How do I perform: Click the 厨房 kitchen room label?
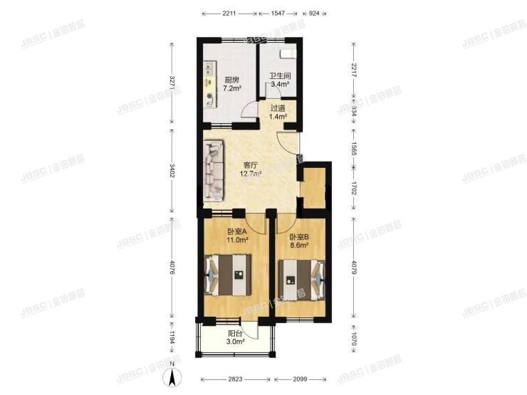[231, 80]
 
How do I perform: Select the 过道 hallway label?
[278, 107]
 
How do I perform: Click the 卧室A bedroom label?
[237, 231]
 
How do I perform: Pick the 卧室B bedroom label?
[299, 236]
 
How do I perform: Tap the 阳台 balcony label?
[236, 333]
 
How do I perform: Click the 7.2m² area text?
[231, 89]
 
